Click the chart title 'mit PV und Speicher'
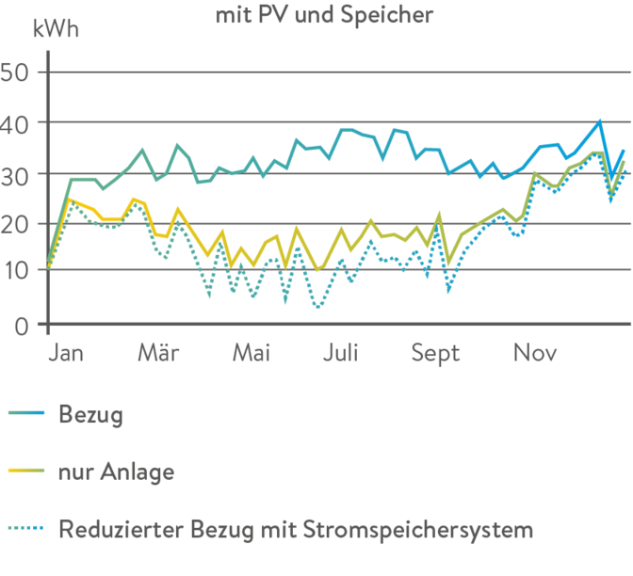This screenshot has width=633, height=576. [325, 14]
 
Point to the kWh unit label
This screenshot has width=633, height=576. [56, 29]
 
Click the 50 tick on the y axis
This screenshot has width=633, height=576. [19, 72]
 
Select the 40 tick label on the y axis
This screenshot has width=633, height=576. [19, 123]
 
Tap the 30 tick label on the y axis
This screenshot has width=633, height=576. [19, 174]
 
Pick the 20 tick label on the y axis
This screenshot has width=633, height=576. [19, 224]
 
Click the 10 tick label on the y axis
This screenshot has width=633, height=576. [19, 274]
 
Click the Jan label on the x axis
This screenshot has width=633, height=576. [66, 354]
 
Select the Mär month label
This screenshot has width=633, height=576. [158, 354]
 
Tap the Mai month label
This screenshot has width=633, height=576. [251, 354]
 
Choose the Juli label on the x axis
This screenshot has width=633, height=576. [340, 354]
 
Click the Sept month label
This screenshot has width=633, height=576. [435, 354]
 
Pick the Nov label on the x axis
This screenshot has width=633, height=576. [534, 354]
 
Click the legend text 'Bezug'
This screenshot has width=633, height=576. [90, 414]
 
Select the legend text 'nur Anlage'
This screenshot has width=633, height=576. [116, 471]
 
